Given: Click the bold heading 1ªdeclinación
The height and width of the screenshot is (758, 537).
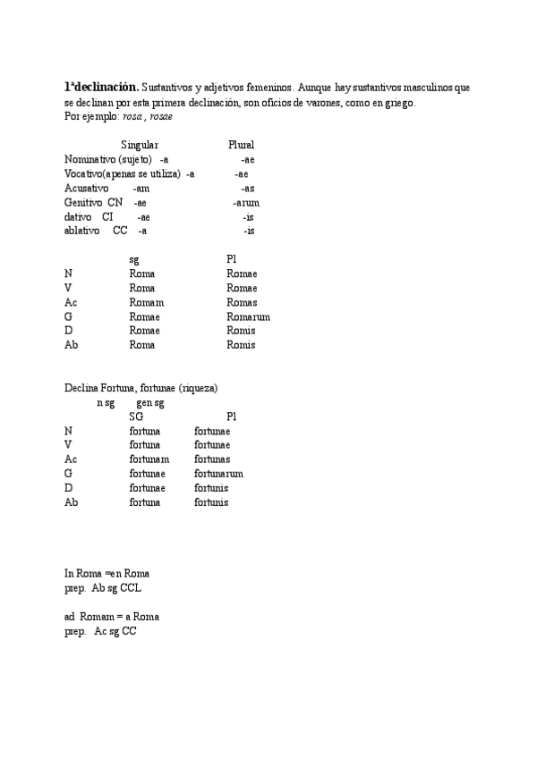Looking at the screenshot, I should point(101,88).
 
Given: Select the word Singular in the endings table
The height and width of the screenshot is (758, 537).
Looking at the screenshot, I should point(140,145).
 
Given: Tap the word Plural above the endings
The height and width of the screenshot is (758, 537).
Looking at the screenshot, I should point(241,145).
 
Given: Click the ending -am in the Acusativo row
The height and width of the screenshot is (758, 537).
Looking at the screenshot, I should point(141,188).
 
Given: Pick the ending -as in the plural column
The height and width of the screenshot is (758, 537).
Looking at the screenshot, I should point(247,188).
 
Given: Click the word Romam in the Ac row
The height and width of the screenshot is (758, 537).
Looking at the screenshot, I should point(146,302).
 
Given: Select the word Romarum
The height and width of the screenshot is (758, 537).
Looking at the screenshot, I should point(248,316).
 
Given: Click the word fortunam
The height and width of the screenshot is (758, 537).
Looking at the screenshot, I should point(149,459).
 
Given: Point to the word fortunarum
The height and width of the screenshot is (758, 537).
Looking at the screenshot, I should point(218,474).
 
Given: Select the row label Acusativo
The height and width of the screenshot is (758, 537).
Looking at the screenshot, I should point(86,188).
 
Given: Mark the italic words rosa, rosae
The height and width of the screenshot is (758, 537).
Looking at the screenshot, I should point(148,116).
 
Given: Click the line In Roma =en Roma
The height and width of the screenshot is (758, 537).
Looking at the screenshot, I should point(107,574).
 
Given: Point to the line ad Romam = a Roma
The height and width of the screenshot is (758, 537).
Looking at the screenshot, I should point(111,617).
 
